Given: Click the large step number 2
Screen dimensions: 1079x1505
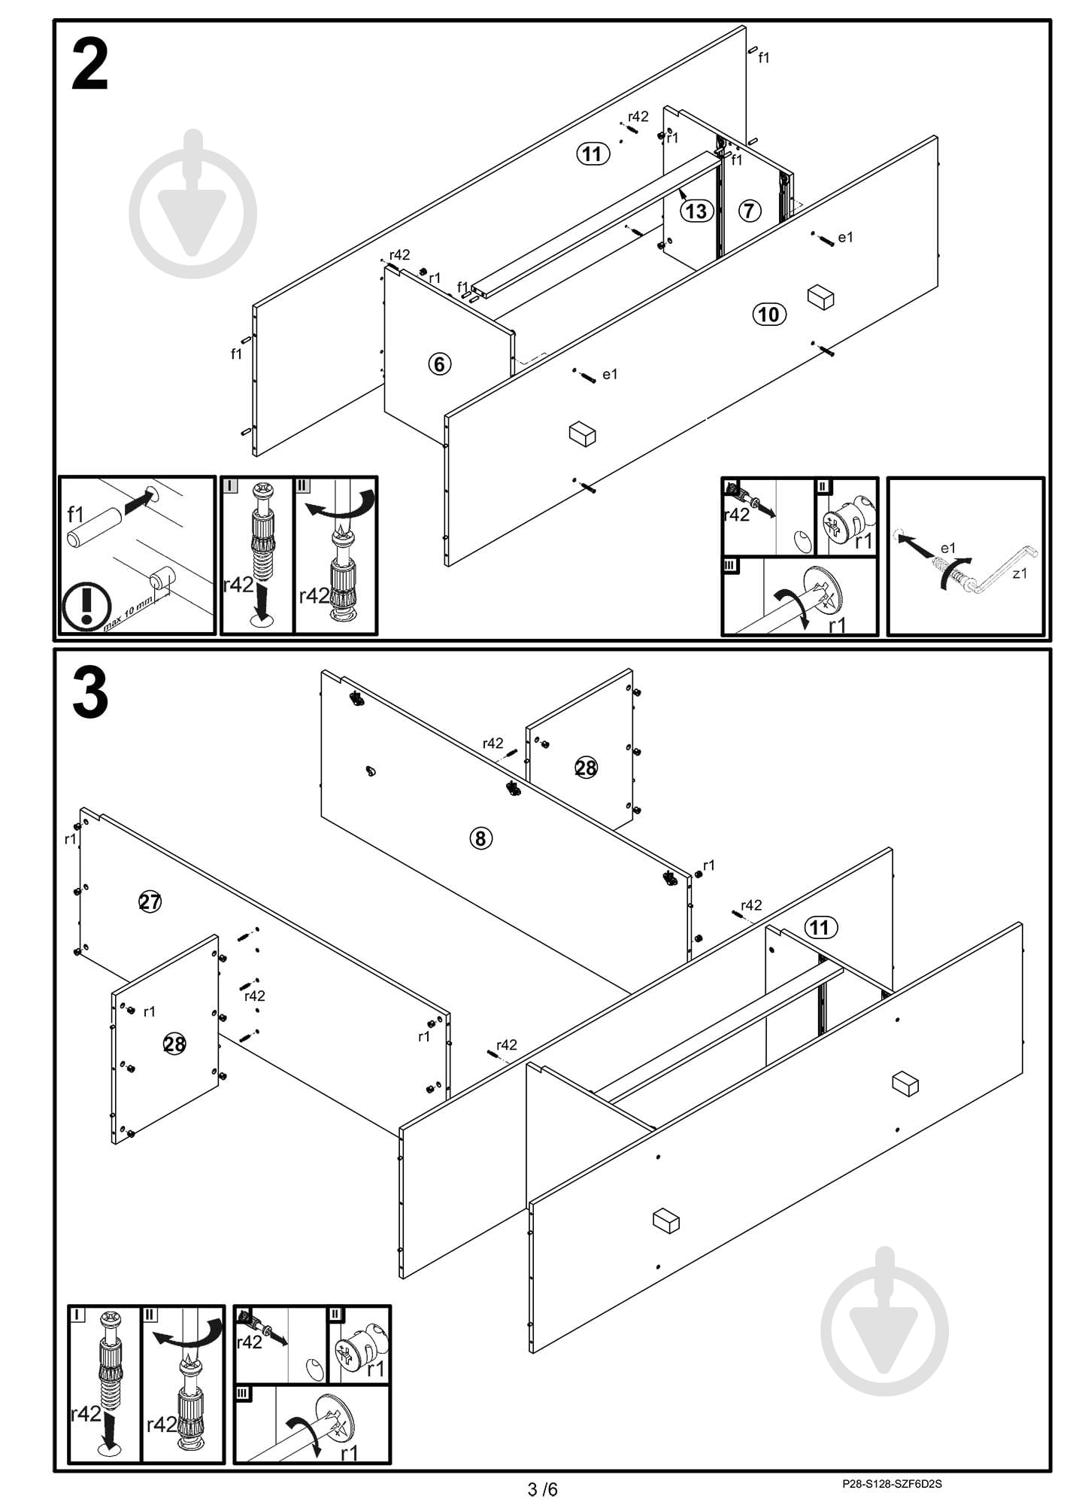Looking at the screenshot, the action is [90, 65].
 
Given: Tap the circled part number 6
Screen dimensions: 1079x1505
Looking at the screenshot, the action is [440, 364].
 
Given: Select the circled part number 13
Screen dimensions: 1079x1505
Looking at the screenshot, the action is [696, 211].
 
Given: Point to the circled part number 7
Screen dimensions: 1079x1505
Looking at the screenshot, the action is [749, 211].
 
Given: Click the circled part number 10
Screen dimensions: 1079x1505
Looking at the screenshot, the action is [769, 314].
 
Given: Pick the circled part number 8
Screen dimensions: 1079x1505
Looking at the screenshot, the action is [481, 838].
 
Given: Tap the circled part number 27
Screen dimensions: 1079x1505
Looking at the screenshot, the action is [150, 901].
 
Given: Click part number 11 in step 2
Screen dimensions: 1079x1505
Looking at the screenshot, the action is [593, 154].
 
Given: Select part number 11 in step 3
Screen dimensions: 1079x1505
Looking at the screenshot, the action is [820, 927].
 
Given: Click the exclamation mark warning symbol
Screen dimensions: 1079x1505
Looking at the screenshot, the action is [86, 606].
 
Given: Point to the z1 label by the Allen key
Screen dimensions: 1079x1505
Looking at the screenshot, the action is [1020, 573].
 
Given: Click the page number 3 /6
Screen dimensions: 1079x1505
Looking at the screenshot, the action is [543, 1488].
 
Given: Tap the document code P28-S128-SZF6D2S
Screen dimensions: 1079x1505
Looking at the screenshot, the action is [892, 1484].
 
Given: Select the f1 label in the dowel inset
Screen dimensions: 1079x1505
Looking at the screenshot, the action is [76, 515].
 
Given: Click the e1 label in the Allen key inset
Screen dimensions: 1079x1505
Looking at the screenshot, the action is [948, 548].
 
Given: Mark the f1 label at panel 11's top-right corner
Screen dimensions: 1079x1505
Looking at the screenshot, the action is [764, 57].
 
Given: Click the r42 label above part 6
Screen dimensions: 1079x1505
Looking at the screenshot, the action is [400, 254].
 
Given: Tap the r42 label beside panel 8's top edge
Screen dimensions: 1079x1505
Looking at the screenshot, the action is [493, 743].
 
